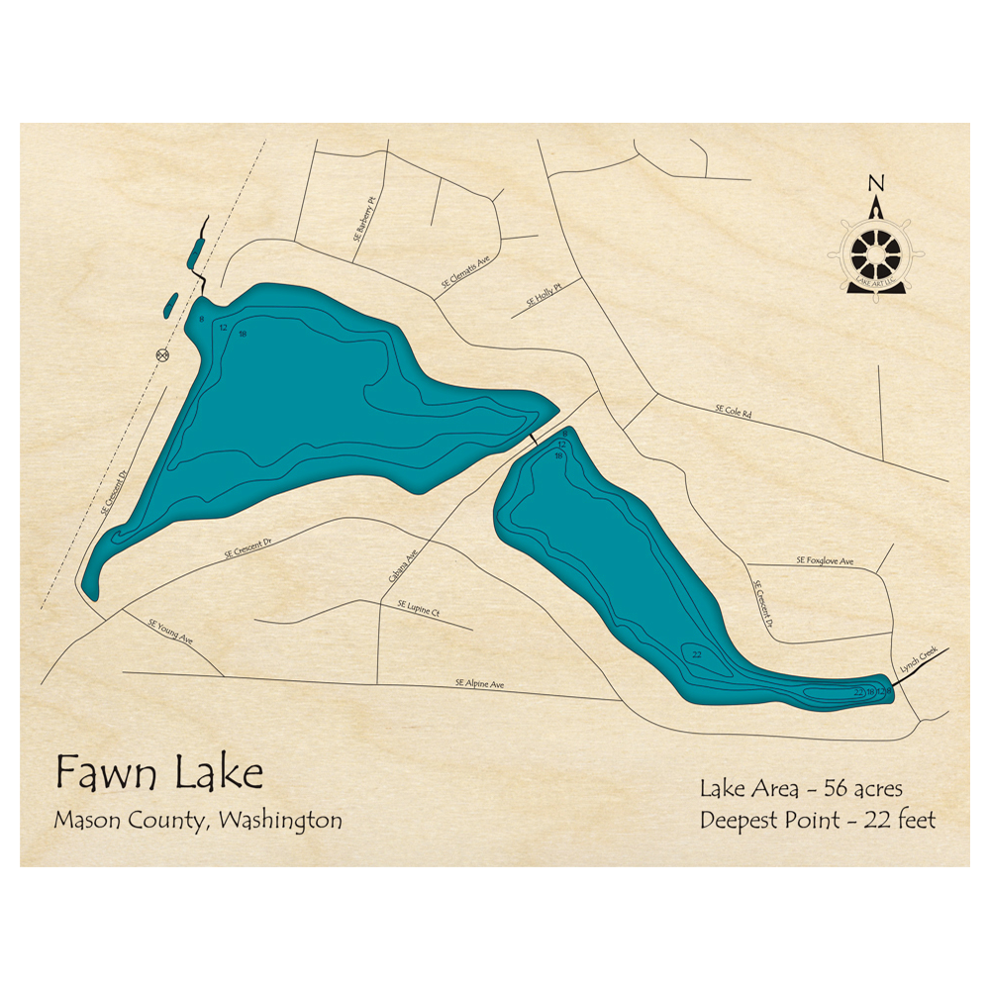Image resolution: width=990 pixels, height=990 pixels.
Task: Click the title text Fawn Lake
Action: pos(158,771)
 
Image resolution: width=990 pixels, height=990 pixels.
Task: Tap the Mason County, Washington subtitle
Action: pos(198,821)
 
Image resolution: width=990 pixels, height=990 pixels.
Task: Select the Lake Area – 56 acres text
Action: pos(801,789)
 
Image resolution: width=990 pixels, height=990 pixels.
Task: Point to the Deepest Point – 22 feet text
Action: pos(818,820)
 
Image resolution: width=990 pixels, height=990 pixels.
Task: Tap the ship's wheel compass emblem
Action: pos(875,253)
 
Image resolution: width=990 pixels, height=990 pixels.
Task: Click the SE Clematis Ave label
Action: pos(465,272)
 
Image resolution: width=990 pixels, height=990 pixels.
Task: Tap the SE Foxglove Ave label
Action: pos(824,561)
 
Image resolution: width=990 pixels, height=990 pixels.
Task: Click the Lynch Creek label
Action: pos(917,662)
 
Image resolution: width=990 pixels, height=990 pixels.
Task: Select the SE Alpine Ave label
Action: pos(480,683)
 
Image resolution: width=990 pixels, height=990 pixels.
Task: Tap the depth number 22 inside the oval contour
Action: pos(697,654)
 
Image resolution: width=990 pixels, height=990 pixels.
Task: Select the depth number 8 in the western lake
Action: pos(201,319)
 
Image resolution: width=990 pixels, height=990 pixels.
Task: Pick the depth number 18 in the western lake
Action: pos(243,334)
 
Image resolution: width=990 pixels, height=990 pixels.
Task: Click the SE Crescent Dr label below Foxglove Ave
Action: pos(763,604)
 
